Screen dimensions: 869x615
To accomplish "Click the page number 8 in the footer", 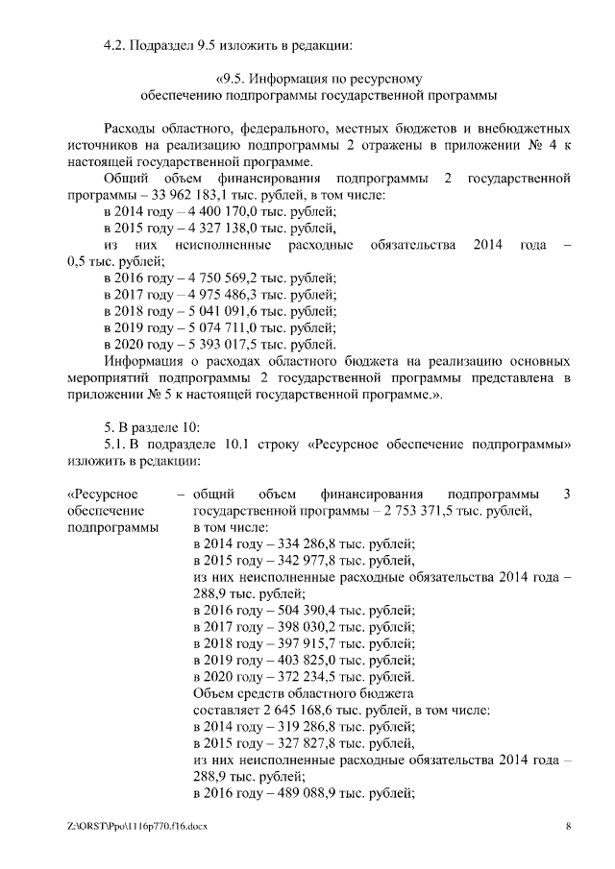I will click(x=568, y=825).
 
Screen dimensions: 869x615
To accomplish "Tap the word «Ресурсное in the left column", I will click(x=104, y=495).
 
